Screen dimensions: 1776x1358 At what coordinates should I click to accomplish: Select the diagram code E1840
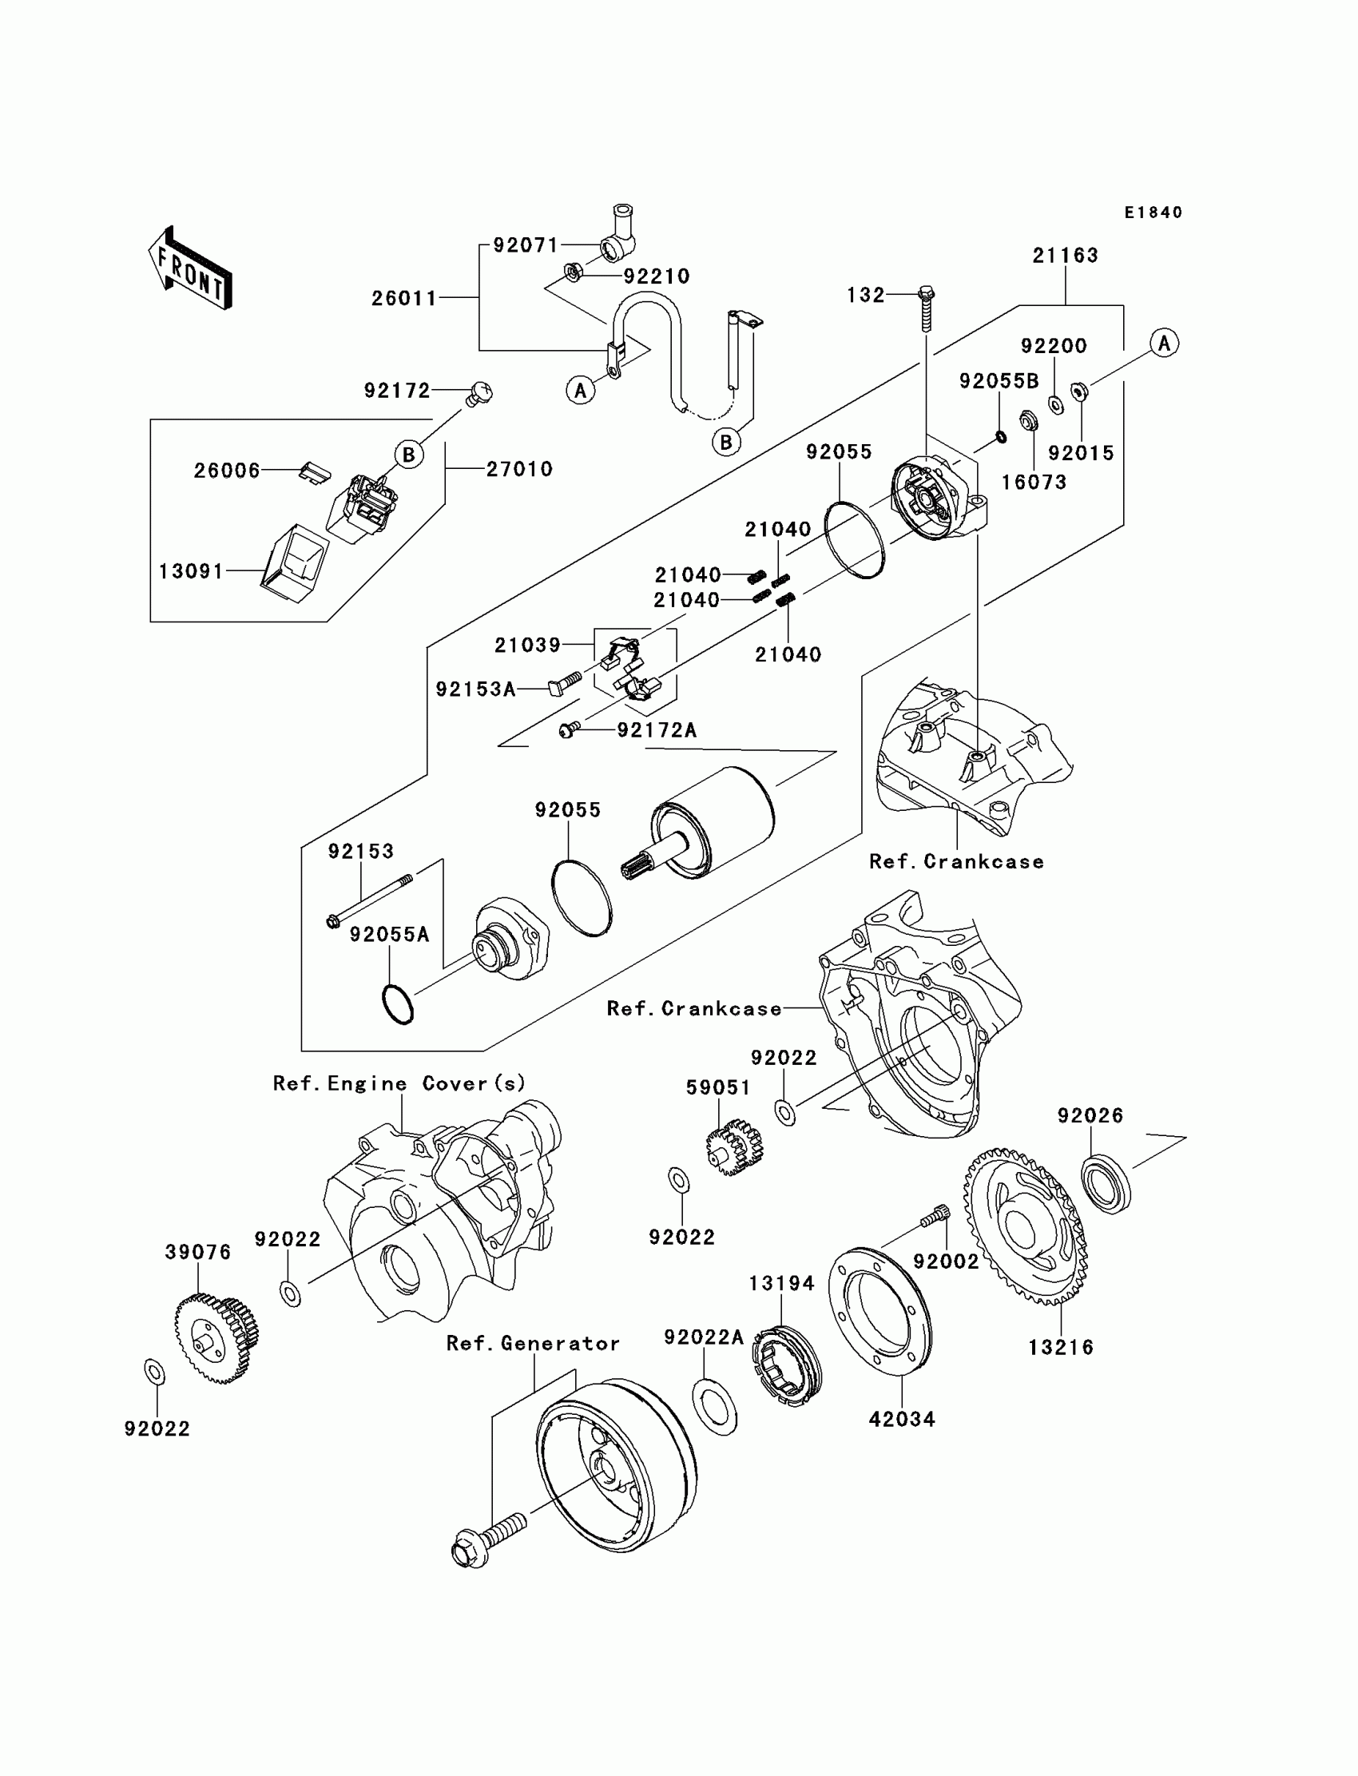tap(1154, 213)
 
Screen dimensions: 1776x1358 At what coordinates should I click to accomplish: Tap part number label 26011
tap(404, 298)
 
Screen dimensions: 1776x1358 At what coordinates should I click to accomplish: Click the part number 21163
tap(1066, 256)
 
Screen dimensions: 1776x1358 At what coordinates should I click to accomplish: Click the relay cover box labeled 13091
tap(294, 563)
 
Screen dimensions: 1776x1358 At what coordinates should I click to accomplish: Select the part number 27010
tap(519, 469)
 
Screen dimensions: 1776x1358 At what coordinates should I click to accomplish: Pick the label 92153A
tap(475, 689)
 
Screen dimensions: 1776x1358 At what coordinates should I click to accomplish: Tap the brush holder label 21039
tap(527, 644)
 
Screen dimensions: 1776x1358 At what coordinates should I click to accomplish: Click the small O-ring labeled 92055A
tap(397, 1005)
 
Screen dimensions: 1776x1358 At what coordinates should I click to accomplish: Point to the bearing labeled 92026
tap(1106, 1184)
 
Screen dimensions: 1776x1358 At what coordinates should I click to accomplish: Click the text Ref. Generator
tap(533, 1343)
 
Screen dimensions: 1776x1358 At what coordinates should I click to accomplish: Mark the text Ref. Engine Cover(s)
tap(399, 1083)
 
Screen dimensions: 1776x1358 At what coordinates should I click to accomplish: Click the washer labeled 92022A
tap(715, 1408)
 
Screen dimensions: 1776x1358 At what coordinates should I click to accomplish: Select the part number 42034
tap(901, 1419)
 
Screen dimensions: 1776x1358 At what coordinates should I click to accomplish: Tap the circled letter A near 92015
tap(1164, 343)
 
